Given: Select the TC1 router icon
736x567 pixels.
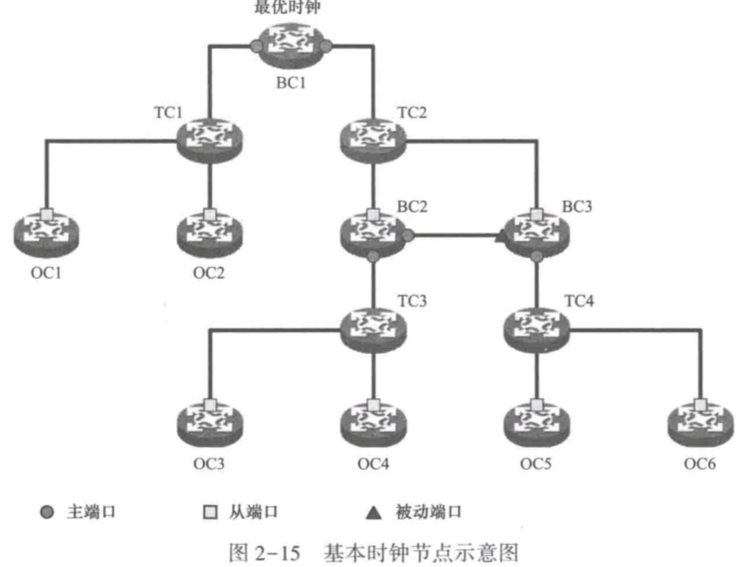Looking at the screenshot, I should (x=210, y=139).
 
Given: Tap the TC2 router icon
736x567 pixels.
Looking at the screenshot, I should (x=373, y=139).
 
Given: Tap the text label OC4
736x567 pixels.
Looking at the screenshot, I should (x=373, y=464).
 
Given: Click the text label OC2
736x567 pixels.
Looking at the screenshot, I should (x=210, y=275).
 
